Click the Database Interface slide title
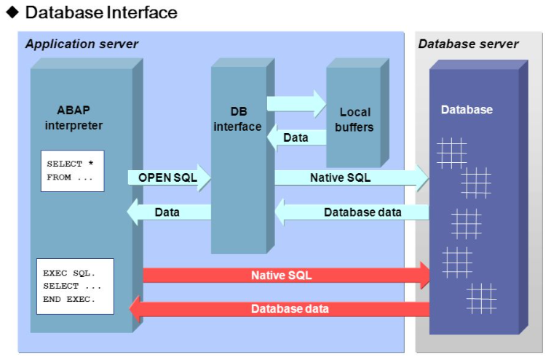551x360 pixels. click(x=101, y=12)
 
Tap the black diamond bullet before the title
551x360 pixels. click(x=12, y=12)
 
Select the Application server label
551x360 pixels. click(x=82, y=44)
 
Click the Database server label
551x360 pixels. click(x=468, y=44)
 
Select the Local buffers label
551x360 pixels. click(x=354, y=119)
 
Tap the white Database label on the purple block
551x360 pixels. click(x=467, y=110)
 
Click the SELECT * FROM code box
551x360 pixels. click(x=72, y=171)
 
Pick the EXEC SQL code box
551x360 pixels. click(x=75, y=286)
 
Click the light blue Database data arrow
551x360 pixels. click(x=352, y=212)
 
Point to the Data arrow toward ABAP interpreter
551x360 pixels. click(x=169, y=212)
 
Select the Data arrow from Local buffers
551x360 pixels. click(x=296, y=137)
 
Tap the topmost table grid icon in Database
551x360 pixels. click(x=451, y=153)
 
